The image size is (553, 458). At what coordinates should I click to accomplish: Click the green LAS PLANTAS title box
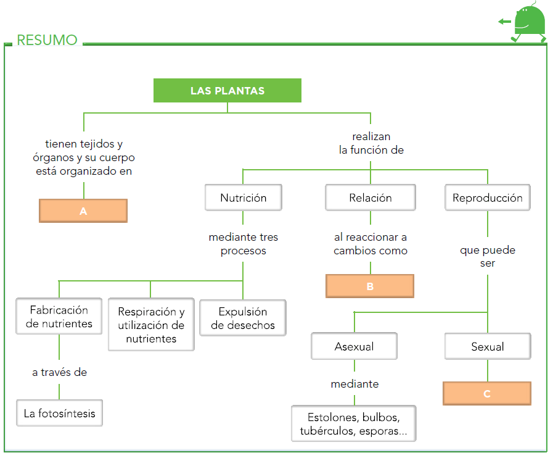227,91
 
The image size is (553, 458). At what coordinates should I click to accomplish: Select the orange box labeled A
83,210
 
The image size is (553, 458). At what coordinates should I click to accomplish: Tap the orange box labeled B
370,286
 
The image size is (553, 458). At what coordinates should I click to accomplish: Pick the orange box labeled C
487,393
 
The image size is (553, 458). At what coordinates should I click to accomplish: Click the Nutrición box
244,198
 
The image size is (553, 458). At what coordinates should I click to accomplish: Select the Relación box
370,198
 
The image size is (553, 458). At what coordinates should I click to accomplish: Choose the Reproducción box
487,198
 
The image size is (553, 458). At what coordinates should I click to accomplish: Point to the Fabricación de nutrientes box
59,317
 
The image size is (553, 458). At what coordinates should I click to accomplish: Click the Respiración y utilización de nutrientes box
151,325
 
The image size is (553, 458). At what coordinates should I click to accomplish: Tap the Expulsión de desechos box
243,319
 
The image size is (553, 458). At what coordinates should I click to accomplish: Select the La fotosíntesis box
59,413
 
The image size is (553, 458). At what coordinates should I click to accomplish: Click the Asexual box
354,347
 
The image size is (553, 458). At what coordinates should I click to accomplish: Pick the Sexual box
487,347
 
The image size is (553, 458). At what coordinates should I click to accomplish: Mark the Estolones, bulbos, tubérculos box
353,423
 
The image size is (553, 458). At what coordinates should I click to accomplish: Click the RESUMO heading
47,41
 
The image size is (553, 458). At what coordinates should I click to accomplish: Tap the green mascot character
530,23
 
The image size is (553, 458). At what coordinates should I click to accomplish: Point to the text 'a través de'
59,372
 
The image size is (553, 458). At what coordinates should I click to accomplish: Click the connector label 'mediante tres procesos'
244,244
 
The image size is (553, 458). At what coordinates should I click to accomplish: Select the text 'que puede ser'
487,257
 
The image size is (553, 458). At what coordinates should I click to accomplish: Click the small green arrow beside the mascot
505,22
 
